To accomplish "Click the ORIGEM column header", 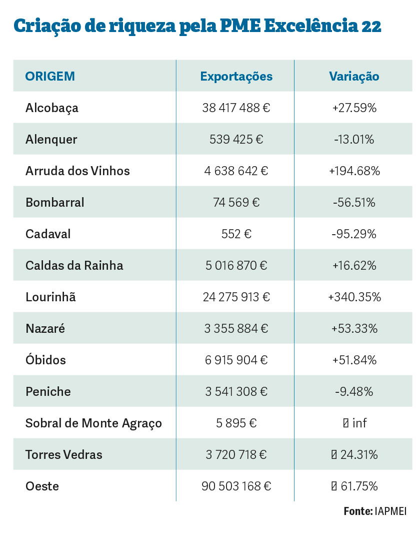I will (50, 77).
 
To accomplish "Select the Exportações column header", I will (236, 77).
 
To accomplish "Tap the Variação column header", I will (354, 77).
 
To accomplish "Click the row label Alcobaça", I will (52, 108).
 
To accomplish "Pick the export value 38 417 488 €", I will (236, 108).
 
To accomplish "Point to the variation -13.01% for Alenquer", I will (354, 140).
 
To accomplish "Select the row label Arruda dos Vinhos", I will (77, 171).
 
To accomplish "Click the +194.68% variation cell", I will (354, 171).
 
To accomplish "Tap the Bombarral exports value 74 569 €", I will (236, 203).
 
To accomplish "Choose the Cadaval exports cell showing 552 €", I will (236, 234).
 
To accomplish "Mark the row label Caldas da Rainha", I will (74, 266).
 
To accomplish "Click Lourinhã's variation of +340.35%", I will (354, 297).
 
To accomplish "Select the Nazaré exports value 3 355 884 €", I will (236, 329).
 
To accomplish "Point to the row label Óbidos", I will (45, 360).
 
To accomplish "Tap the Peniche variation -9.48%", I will (354, 392).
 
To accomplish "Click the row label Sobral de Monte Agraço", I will (93, 423).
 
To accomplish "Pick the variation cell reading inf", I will (354, 423).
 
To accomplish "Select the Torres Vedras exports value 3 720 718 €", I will (236, 455).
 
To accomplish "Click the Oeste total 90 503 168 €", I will (236, 486).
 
